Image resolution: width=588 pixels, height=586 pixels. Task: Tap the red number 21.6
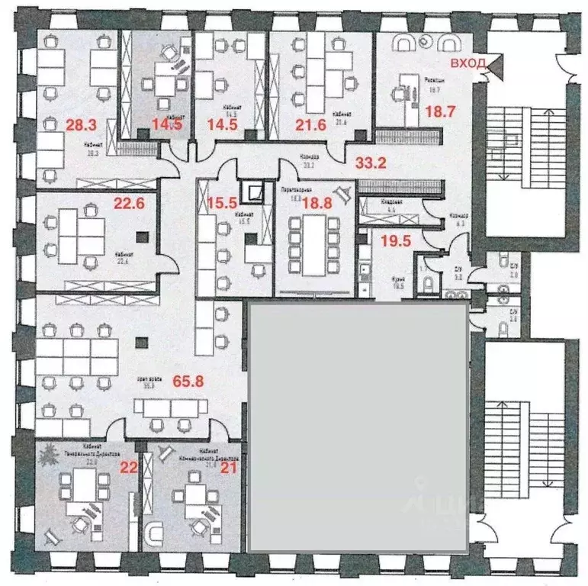click(310, 123)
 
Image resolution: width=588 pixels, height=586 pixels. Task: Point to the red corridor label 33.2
click(365, 161)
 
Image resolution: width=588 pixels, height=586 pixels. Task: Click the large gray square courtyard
click(358, 426)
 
